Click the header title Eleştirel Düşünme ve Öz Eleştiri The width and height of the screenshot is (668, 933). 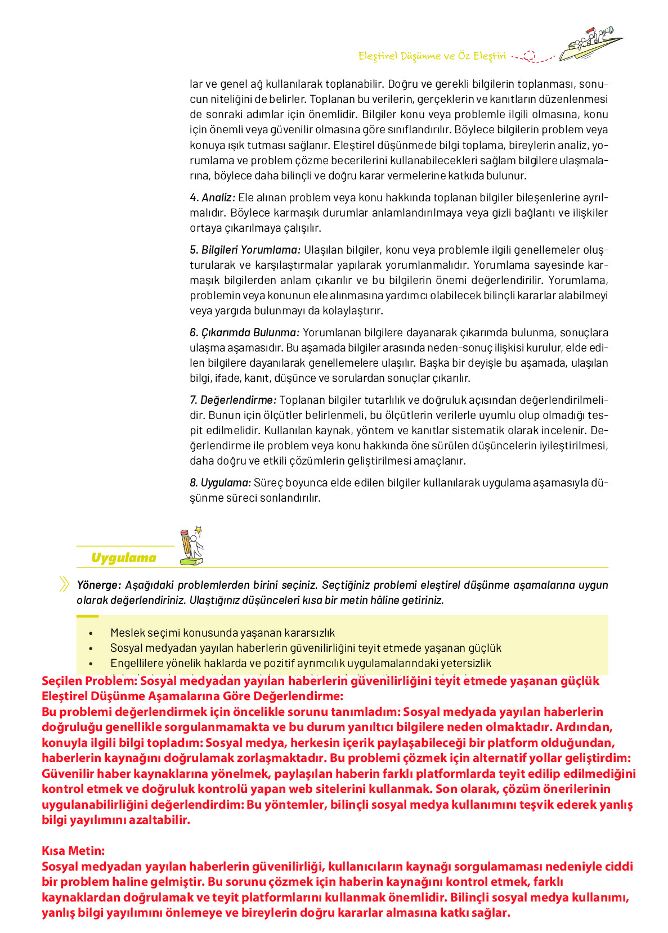click(x=432, y=56)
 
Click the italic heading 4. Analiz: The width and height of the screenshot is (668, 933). click(x=212, y=197)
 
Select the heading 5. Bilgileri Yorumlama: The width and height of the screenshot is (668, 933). click(x=245, y=250)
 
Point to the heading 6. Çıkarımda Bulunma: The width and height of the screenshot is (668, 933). click(x=244, y=332)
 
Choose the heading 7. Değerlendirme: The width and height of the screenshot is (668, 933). click(x=233, y=400)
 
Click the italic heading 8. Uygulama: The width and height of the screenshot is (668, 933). click(x=220, y=483)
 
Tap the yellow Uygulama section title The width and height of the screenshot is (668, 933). click(x=123, y=557)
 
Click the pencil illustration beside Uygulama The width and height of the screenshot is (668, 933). click(x=190, y=546)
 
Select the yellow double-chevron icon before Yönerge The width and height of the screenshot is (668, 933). click(x=64, y=584)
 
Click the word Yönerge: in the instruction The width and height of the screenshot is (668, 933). click(x=98, y=585)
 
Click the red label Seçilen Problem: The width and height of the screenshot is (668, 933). click(x=89, y=681)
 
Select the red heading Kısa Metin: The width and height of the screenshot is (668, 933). click(x=73, y=850)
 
